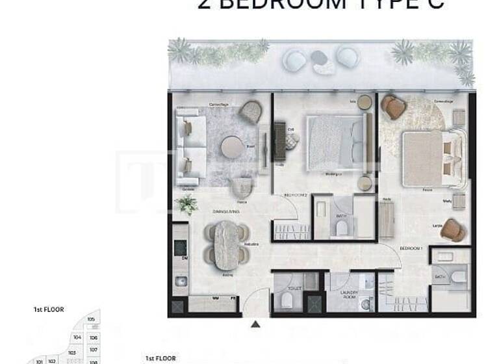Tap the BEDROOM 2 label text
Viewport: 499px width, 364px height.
click(x=295, y=195)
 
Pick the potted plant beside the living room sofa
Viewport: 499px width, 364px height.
click(x=186, y=204)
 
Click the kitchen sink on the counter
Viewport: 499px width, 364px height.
click(x=180, y=281)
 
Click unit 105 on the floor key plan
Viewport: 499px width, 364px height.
click(x=91, y=319)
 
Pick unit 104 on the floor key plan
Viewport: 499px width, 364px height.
click(x=77, y=338)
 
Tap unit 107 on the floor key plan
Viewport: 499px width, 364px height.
click(x=93, y=350)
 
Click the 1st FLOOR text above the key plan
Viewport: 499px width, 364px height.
click(x=48, y=310)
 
